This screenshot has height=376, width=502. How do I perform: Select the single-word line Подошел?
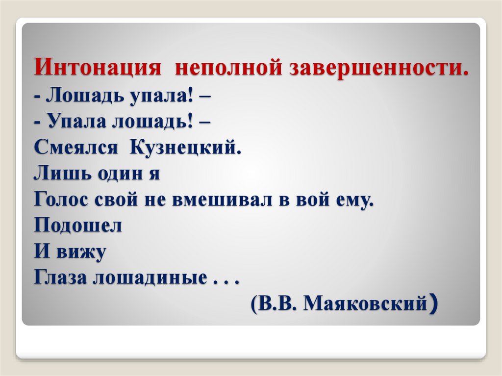pyautogui.click(x=78, y=226)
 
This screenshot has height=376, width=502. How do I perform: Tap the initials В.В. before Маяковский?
pyautogui.click(x=278, y=304)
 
